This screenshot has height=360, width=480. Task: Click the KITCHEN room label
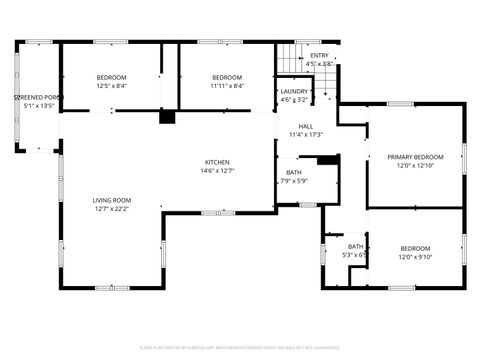(x=218, y=162)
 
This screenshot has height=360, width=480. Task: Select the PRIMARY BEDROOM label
(x=415, y=157)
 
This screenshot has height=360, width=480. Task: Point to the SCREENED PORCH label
(x=36, y=97)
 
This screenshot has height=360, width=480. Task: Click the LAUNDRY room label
(x=293, y=91)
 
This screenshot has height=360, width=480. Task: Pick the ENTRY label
(x=319, y=56)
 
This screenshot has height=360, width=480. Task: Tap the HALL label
(x=305, y=126)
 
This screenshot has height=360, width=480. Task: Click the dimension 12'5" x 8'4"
(x=111, y=86)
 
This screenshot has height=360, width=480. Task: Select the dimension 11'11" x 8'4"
(x=227, y=86)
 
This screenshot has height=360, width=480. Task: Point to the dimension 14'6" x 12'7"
(x=218, y=171)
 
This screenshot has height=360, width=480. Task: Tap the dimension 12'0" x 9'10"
(x=415, y=257)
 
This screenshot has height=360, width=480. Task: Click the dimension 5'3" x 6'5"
(x=355, y=255)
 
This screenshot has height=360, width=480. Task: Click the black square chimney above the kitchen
(x=167, y=117)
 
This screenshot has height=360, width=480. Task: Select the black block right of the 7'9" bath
(x=327, y=160)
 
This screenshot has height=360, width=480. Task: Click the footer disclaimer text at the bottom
(x=240, y=347)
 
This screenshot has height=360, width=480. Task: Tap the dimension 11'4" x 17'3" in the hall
(x=305, y=135)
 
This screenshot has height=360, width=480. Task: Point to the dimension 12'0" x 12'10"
(x=415, y=166)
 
